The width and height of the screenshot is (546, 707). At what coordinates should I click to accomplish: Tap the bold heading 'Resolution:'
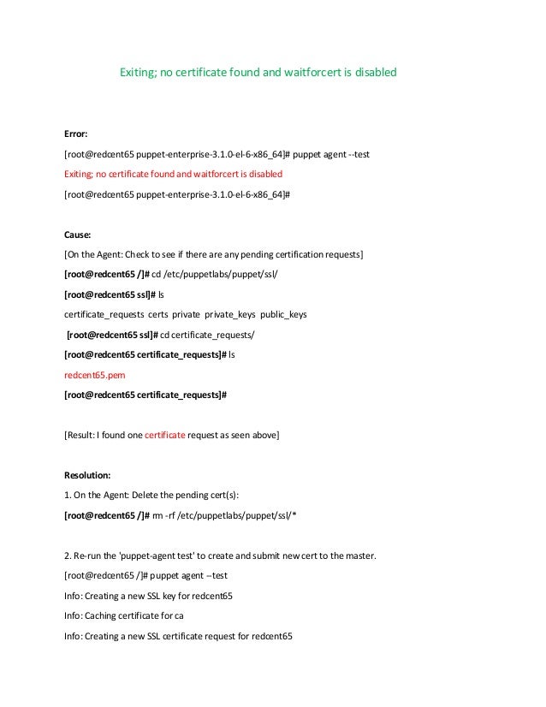(89, 473)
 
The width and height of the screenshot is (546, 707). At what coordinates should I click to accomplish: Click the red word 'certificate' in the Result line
(165, 435)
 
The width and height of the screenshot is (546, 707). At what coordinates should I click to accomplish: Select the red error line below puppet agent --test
(173, 175)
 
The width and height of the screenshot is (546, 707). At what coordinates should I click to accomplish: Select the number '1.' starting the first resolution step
(68, 495)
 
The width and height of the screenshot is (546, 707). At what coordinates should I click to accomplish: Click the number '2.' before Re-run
(68, 555)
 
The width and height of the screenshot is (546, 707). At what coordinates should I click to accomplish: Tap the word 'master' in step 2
(357, 555)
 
